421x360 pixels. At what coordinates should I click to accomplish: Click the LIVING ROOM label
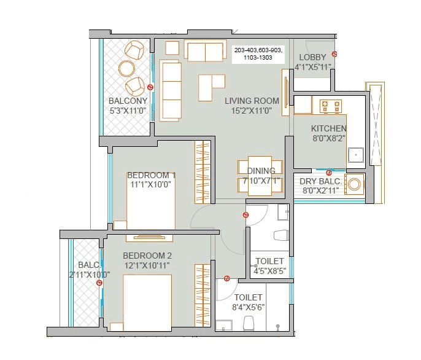(252, 101)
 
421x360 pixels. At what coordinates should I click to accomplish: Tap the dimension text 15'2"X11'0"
(252, 111)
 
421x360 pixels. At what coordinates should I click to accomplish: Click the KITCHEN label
(328, 128)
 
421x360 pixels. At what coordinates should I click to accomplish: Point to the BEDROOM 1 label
(152, 175)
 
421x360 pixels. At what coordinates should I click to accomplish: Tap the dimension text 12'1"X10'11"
(147, 265)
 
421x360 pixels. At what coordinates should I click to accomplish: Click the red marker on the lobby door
(334, 54)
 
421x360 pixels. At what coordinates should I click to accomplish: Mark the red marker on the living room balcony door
(151, 88)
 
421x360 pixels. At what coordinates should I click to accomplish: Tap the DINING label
(261, 171)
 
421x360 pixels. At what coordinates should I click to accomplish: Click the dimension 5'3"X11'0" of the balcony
(128, 111)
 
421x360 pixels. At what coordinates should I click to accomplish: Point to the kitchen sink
(357, 155)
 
